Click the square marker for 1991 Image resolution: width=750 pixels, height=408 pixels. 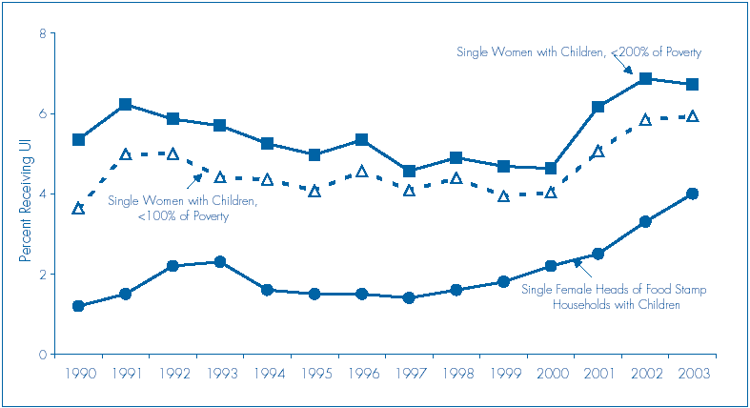click(125, 105)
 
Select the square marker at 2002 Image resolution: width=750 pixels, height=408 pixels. click(645, 79)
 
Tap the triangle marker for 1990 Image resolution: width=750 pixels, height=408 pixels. click(78, 208)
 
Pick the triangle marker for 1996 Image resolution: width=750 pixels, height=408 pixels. click(361, 172)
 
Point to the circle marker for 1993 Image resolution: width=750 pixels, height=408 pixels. click(219, 261)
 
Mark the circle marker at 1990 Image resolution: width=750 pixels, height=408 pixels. click(78, 306)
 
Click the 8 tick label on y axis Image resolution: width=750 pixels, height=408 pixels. click(42, 34)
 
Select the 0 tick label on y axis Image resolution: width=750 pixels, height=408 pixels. click(42, 355)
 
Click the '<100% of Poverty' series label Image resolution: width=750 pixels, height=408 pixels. click(182, 209)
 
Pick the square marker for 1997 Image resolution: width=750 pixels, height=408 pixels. click(409, 172)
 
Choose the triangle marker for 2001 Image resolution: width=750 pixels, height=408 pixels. click(598, 152)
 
